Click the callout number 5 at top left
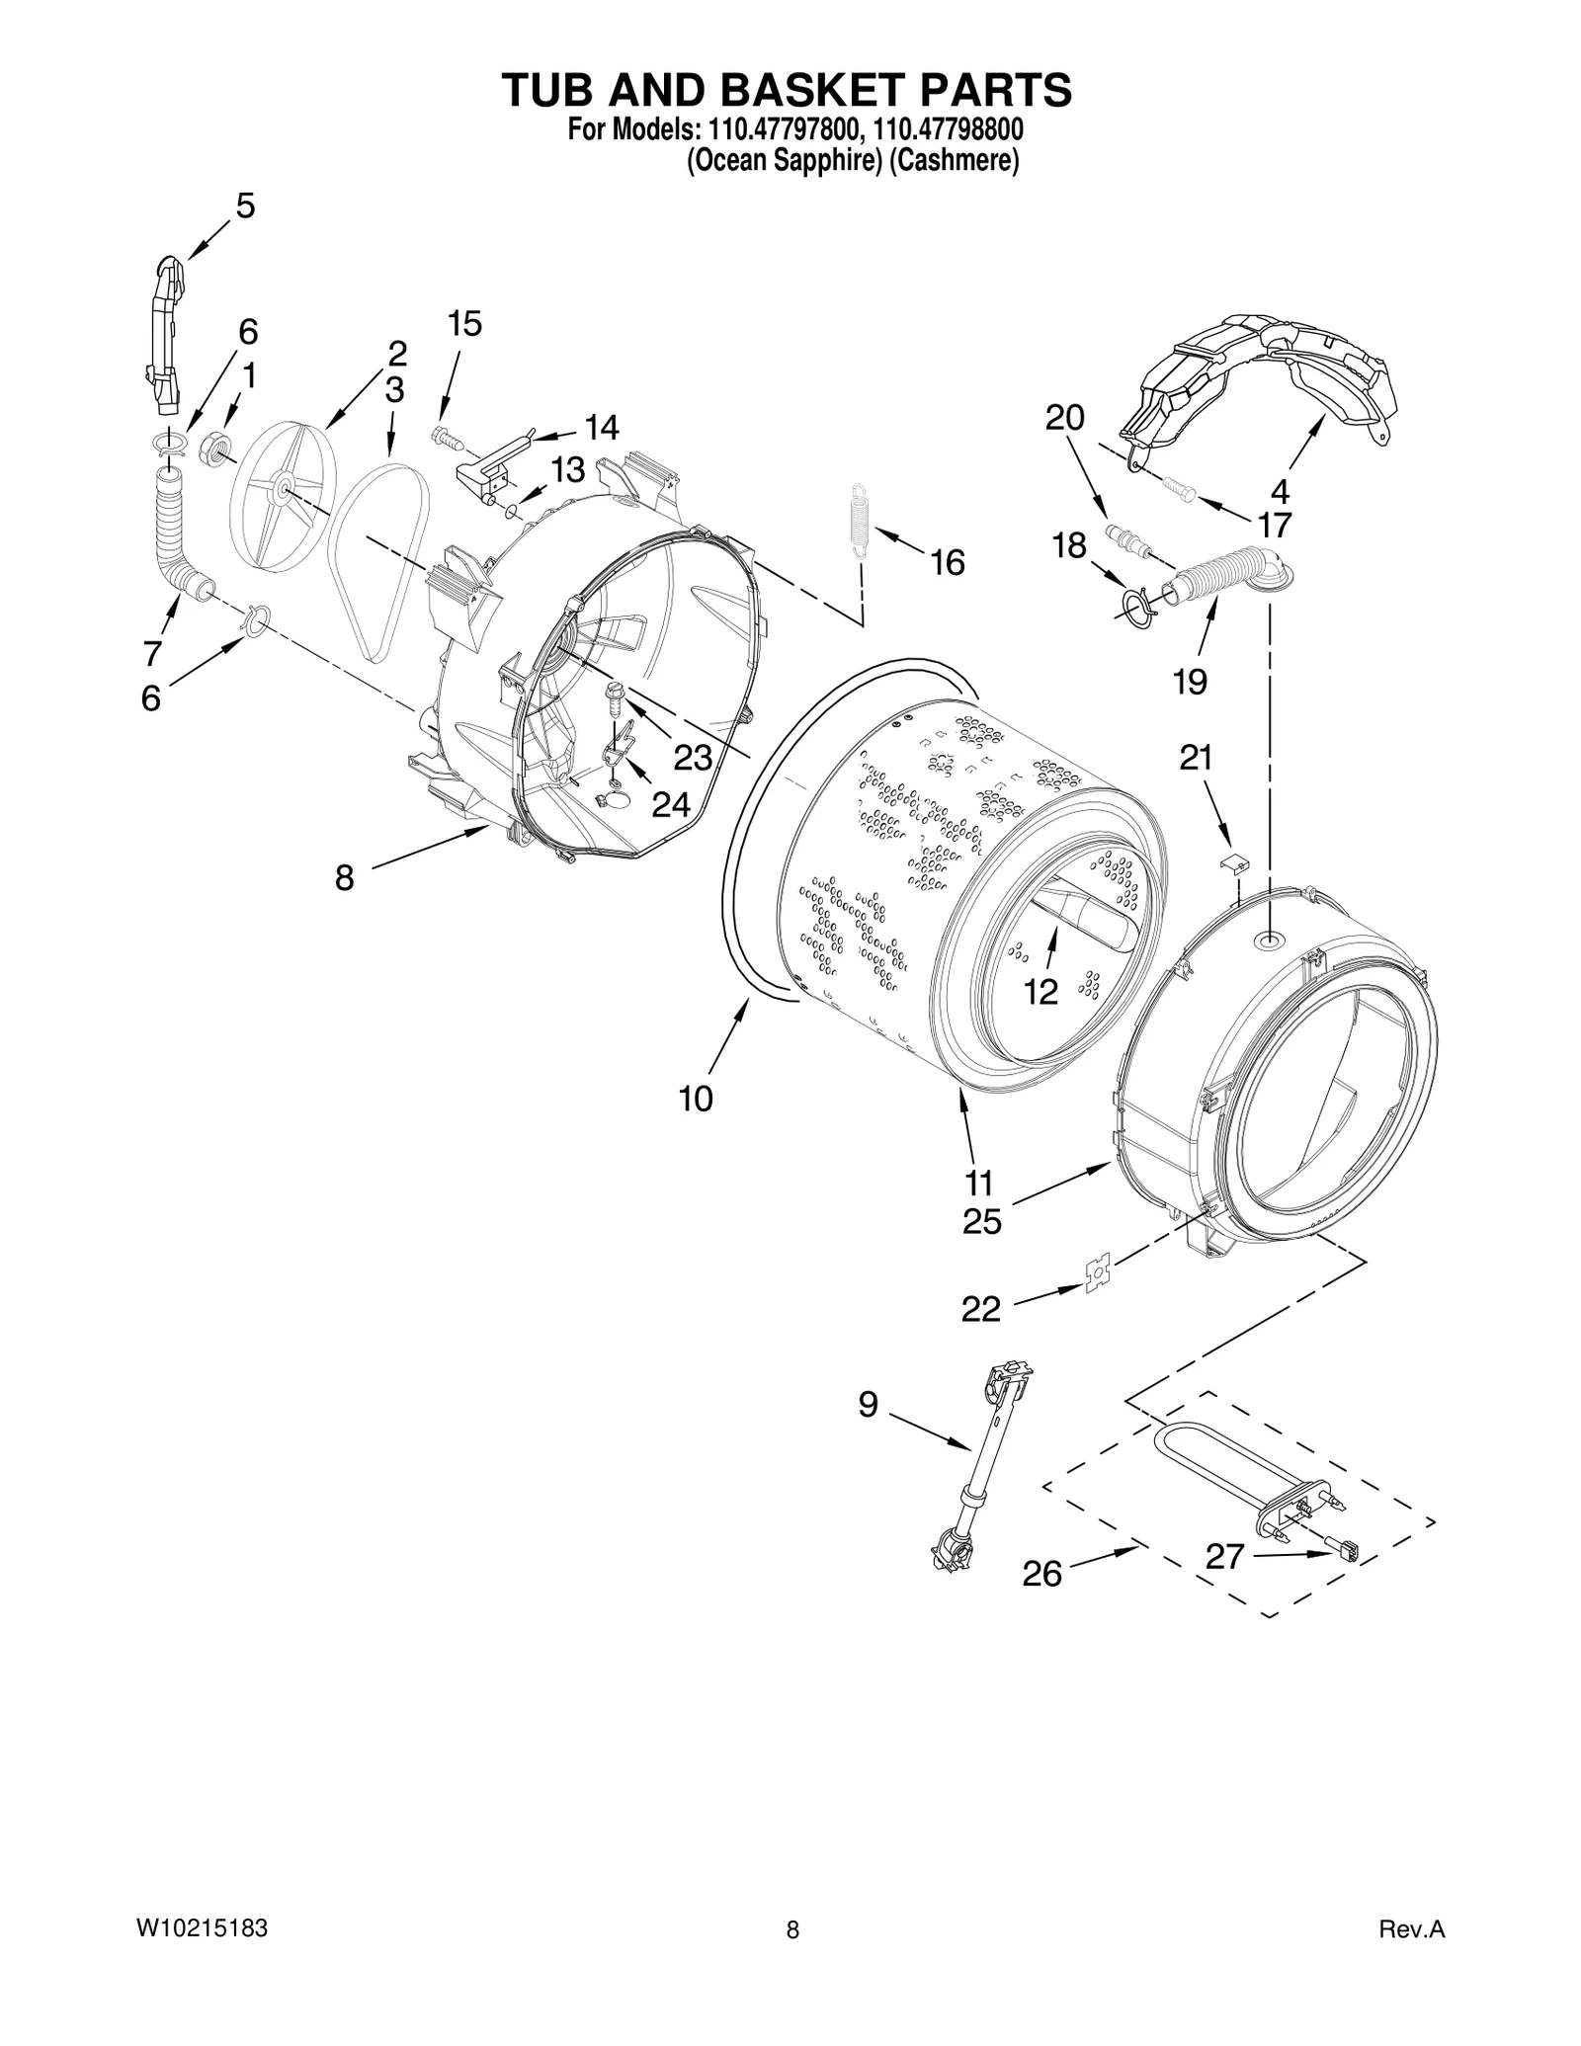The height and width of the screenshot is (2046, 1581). (x=244, y=205)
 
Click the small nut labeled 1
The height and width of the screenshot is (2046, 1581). (x=215, y=450)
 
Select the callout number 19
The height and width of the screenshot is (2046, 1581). (x=1190, y=681)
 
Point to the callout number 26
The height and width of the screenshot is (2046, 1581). (x=1041, y=1573)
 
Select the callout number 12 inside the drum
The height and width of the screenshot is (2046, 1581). (x=1041, y=991)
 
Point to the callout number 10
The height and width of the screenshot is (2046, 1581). (x=696, y=1098)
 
